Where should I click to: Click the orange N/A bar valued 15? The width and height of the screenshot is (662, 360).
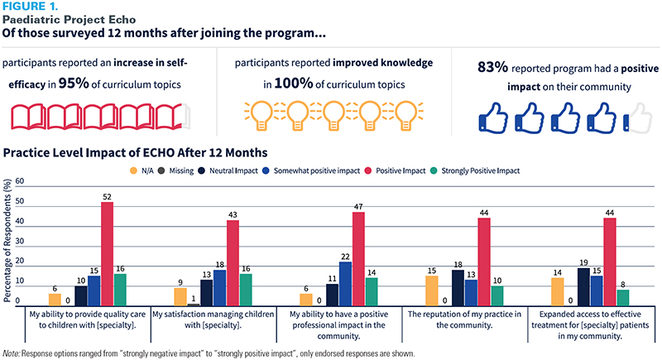pos(431,290)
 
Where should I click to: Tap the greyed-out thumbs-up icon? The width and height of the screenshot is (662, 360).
pos(637,118)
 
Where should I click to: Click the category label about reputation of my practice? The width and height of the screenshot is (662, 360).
pos(463,319)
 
